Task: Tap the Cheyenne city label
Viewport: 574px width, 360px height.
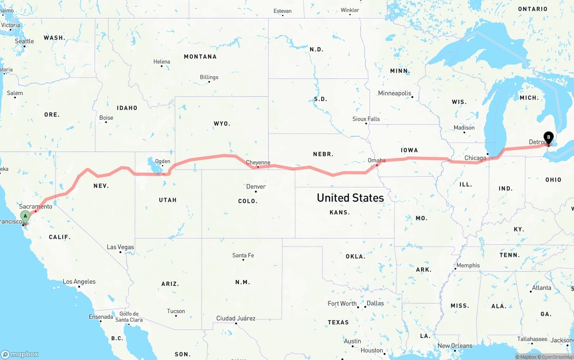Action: pos(258,162)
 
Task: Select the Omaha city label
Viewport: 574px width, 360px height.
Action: pos(376,160)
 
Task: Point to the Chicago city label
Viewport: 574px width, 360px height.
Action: pos(475,158)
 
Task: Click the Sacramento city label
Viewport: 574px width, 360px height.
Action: pos(36,206)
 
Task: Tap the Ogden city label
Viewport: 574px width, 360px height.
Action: pos(162,161)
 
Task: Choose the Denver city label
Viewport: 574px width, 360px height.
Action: pos(256,187)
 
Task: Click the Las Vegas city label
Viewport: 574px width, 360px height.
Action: pos(120,247)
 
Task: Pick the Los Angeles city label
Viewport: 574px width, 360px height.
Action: pos(79,282)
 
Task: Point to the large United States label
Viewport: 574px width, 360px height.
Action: pos(350,198)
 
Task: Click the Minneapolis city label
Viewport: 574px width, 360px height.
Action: pos(395,93)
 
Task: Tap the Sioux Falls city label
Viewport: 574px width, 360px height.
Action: pos(366,119)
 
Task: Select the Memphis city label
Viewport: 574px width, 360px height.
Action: pos(468,265)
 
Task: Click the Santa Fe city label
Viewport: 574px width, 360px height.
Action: pos(243,256)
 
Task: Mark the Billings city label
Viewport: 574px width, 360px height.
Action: pos(209,77)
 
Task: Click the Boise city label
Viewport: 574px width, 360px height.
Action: pos(106,118)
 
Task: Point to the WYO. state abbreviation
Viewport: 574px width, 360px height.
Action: pos(222,123)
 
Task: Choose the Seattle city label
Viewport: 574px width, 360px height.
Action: pos(24,41)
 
